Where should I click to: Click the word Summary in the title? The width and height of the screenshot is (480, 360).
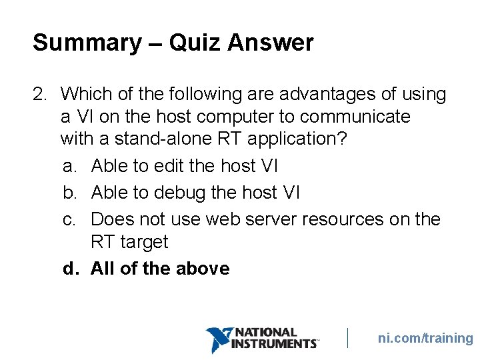click(87, 43)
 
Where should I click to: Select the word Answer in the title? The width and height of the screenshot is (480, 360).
click(270, 43)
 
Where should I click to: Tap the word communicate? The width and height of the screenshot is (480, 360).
click(355, 117)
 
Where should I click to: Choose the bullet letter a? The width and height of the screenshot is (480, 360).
click(69, 165)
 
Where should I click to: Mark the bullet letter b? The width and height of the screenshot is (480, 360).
click(69, 193)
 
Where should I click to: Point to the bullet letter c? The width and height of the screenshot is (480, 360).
click(69, 219)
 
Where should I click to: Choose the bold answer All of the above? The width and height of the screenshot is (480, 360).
click(160, 269)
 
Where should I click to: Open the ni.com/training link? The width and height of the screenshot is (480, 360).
click(425, 338)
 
